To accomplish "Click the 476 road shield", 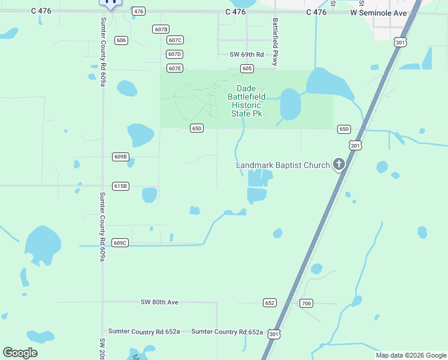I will (x=139, y=11).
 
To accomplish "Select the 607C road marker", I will (x=175, y=40).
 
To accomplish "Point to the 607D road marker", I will (x=174, y=54).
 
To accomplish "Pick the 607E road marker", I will (x=175, y=68).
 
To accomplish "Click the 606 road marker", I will (x=122, y=40).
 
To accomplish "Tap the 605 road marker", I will (x=247, y=69).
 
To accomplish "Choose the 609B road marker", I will (x=120, y=157).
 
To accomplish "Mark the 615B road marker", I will (x=120, y=186).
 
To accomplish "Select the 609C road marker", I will (x=120, y=243).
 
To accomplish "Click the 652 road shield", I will (x=270, y=303).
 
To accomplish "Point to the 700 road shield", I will (x=306, y=303).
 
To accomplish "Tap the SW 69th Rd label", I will (x=247, y=55).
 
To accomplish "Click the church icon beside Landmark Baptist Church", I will (x=339, y=164).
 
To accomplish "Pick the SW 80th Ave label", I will (x=160, y=302).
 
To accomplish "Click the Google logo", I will (x=20, y=353).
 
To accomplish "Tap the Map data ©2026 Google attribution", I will (x=410, y=355).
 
